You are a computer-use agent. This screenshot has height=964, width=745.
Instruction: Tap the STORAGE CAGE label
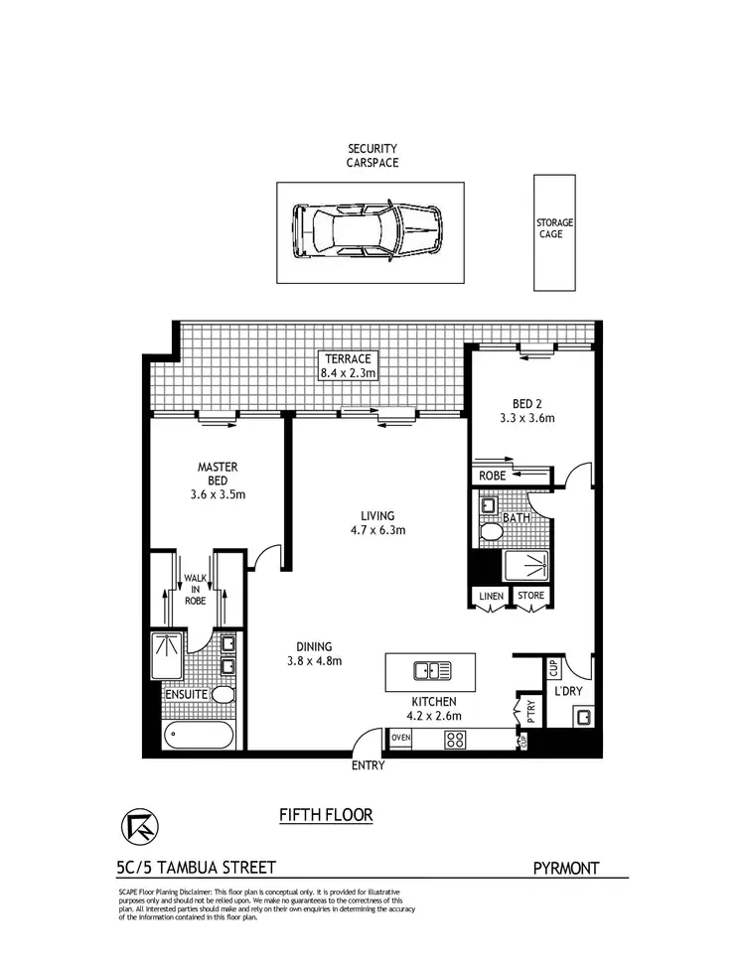pyautogui.click(x=554, y=229)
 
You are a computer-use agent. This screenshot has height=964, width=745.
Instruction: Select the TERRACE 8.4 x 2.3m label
pyautogui.click(x=346, y=365)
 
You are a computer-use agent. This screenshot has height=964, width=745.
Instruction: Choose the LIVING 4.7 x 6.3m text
pyautogui.click(x=378, y=522)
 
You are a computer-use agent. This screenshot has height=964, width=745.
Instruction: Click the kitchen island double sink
pyautogui.click(x=430, y=671)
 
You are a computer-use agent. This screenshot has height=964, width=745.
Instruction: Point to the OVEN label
pyautogui.click(x=401, y=738)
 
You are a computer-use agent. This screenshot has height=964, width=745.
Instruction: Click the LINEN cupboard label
pyautogui.click(x=491, y=596)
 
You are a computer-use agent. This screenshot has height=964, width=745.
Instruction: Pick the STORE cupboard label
pyautogui.click(x=530, y=596)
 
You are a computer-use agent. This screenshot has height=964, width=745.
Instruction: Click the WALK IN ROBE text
pyautogui.click(x=195, y=590)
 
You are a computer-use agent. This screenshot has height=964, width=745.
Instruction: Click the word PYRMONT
pyautogui.click(x=567, y=869)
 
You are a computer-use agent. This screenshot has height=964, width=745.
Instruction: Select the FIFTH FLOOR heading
pyautogui.click(x=326, y=816)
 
